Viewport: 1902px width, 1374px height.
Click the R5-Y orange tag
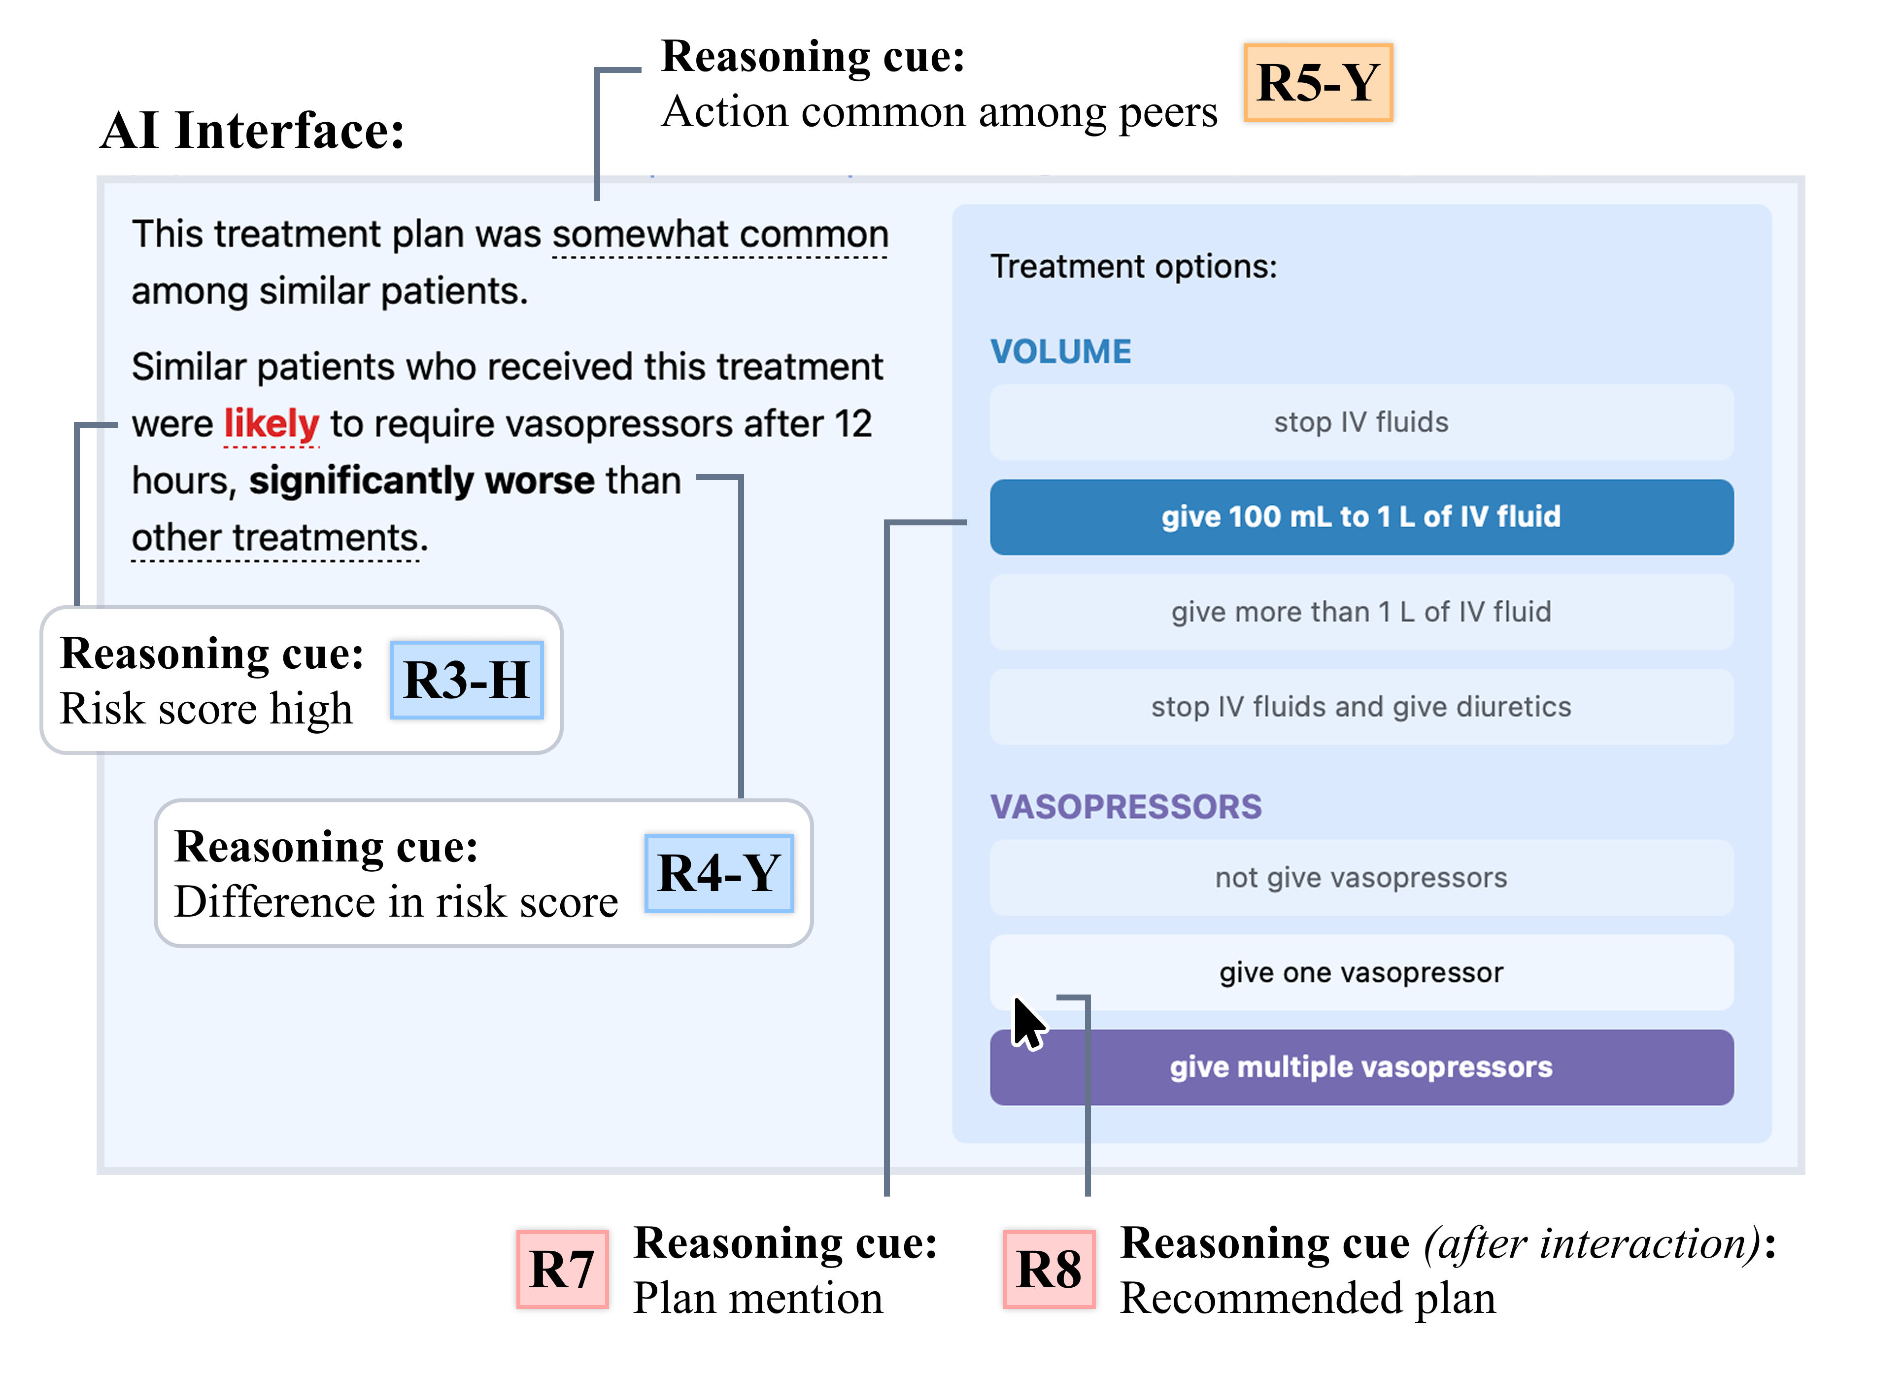(1318, 83)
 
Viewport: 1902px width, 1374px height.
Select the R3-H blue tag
(466, 680)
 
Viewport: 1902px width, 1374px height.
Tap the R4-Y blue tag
(719, 872)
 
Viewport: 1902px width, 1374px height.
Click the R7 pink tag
(562, 1269)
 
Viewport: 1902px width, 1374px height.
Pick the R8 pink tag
(1048, 1269)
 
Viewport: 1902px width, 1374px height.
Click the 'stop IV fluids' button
(1360, 422)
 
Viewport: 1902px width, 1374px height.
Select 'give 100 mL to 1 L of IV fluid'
(1360, 516)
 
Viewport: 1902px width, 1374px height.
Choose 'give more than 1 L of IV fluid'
(1360, 612)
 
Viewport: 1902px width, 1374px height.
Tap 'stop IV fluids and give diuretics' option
(1360, 706)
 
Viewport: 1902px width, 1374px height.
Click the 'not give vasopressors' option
(1360, 877)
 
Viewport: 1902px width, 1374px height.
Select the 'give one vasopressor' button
(1360, 972)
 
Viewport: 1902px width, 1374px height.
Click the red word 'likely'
(271, 424)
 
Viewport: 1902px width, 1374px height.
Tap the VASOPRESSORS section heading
(1125, 807)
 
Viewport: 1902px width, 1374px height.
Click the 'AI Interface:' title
(252, 131)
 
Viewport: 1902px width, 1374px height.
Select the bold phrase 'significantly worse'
(422, 481)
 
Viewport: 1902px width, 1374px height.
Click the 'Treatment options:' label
(1133, 267)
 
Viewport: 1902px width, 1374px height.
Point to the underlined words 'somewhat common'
(719, 234)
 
